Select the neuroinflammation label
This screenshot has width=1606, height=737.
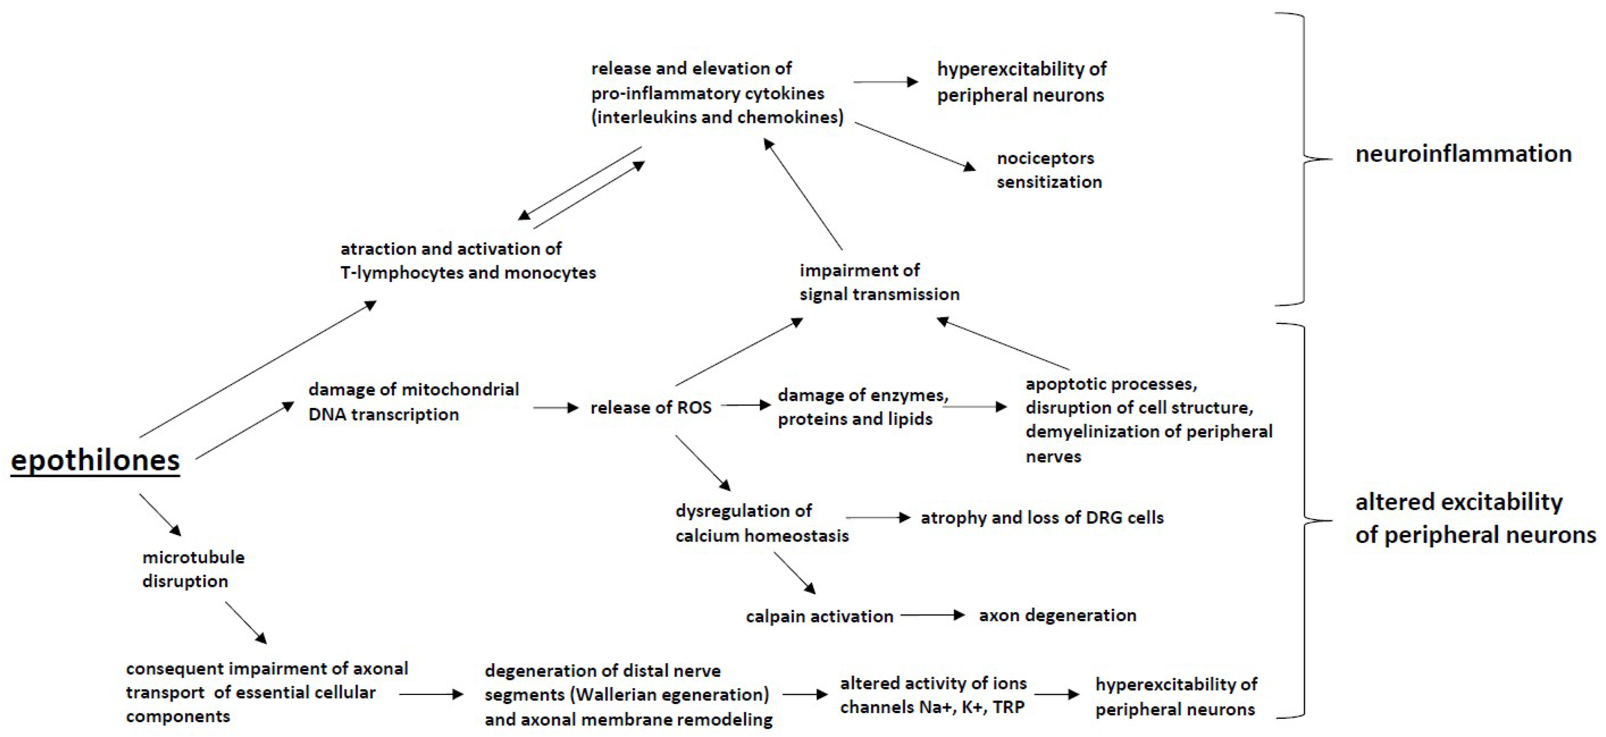(x=1463, y=154)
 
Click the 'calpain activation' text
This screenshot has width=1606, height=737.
(x=819, y=616)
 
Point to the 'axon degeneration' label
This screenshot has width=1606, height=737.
(x=1058, y=616)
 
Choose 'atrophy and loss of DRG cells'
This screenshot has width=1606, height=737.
(x=1042, y=518)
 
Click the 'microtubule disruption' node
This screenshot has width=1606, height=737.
(x=193, y=569)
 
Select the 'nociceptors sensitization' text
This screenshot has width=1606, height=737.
(x=1049, y=170)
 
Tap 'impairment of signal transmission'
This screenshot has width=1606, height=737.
(x=879, y=283)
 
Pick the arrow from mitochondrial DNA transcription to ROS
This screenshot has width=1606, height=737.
(x=555, y=408)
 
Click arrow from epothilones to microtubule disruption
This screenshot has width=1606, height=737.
(x=160, y=515)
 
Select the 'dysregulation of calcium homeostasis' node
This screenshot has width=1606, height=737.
(x=762, y=523)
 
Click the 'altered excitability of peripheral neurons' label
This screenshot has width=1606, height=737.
(x=1475, y=518)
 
